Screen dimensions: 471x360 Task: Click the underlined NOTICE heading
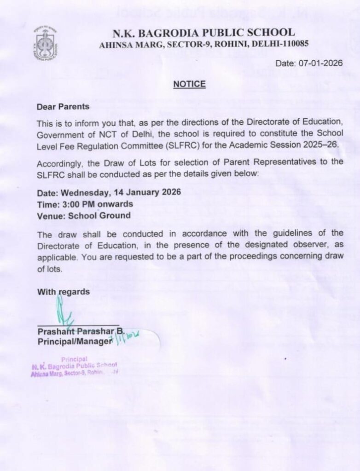click(189, 84)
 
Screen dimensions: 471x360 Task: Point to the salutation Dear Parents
click(64, 106)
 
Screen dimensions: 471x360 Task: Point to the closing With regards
click(64, 292)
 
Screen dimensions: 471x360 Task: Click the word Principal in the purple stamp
click(74, 359)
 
